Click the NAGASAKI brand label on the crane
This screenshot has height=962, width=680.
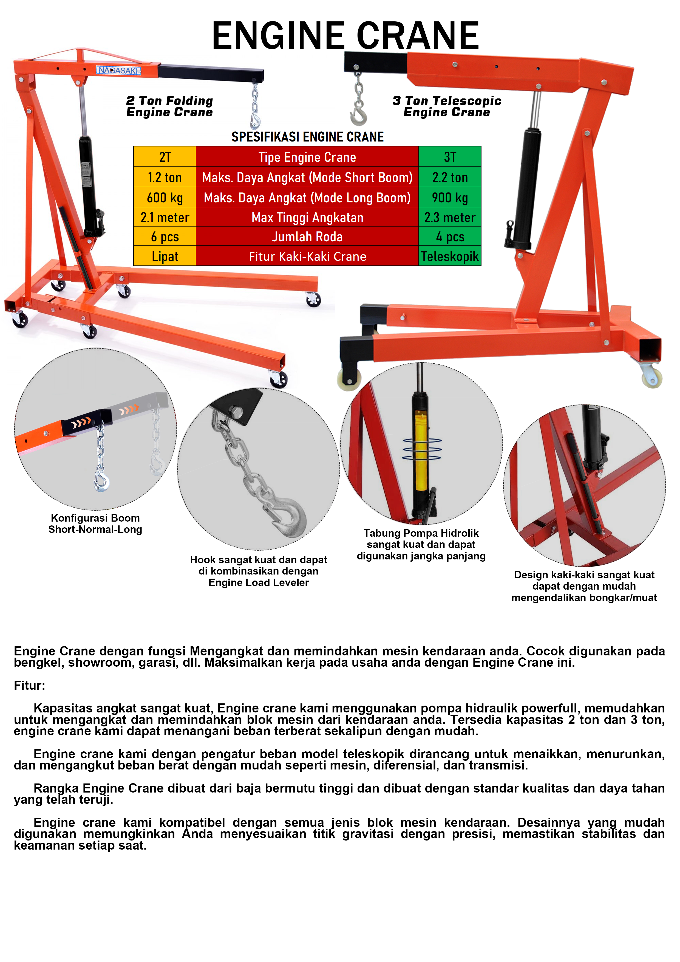coord(118,70)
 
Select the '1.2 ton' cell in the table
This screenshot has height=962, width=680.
coord(165,177)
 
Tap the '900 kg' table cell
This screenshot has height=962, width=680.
coord(450,197)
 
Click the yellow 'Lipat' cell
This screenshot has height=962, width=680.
coord(165,256)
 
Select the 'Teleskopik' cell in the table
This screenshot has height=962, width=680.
coord(450,256)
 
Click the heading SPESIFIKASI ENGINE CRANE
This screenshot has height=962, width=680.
coord(308,137)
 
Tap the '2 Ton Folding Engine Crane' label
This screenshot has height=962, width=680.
coord(170,106)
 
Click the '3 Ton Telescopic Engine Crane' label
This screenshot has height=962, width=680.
coord(447,106)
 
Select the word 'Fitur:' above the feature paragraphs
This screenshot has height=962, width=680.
coord(29,686)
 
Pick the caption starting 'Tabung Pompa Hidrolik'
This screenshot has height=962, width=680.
coord(421,544)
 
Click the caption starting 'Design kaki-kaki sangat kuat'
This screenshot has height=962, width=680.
coord(584,586)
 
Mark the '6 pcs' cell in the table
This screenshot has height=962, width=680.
coord(165,237)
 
